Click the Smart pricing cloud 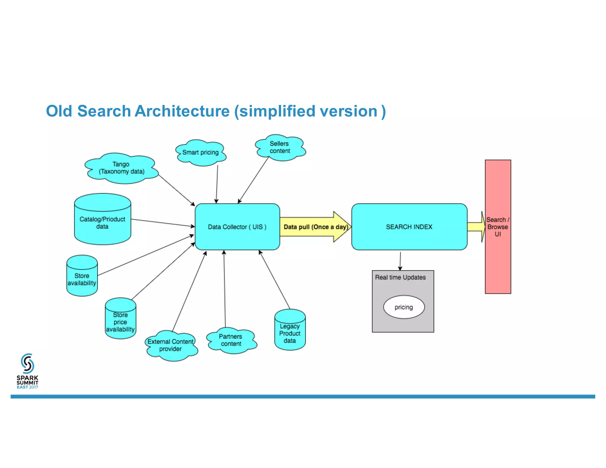[200, 153]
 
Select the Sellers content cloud [280, 147]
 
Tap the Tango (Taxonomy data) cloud [121, 168]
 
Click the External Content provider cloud [171, 346]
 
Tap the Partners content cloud [231, 340]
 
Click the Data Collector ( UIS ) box [237, 227]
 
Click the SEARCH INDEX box [409, 227]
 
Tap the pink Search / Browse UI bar [498, 260]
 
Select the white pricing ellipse [404, 307]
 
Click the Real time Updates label [400, 277]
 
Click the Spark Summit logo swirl [27, 364]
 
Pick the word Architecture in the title [182, 111]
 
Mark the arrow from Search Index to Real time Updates [400, 261]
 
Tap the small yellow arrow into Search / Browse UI [476, 227]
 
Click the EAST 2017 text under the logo [27, 387]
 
